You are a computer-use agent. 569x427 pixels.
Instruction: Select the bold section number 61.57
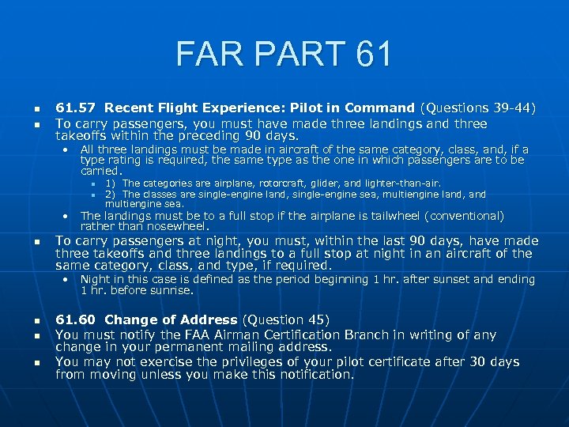(76, 108)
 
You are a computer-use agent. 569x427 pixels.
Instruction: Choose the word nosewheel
(183, 226)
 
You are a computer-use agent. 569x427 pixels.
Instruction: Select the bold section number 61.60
(76, 319)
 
